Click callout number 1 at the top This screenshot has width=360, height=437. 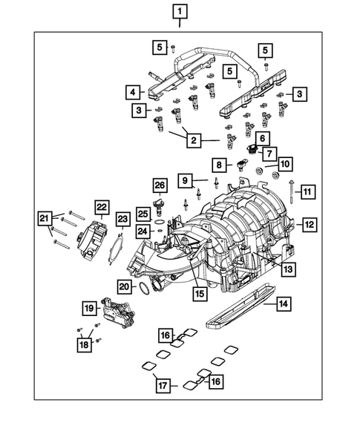tap(180, 11)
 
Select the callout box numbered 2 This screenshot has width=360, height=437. tap(193, 139)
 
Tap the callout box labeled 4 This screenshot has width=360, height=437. tap(131, 92)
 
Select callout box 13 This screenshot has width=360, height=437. tap(286, 269)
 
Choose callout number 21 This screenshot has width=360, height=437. tap(45, 217)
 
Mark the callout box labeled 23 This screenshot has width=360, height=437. tap(122, 217)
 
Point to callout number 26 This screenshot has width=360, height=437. tap(159, 185)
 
